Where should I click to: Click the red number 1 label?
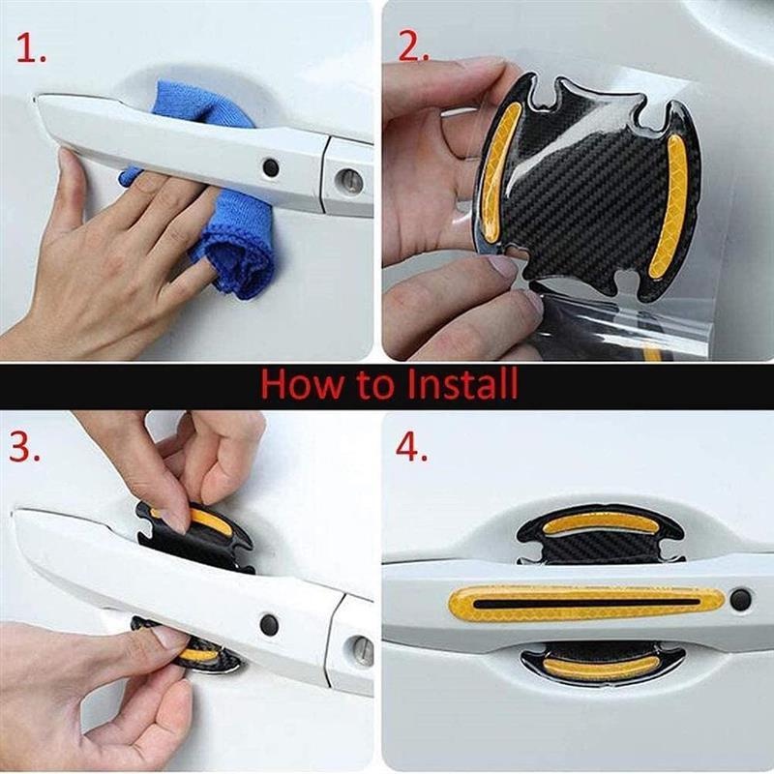29,51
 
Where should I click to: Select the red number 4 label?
411,448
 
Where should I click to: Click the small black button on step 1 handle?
271,167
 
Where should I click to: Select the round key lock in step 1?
350,180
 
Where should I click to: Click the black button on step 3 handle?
270,624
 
